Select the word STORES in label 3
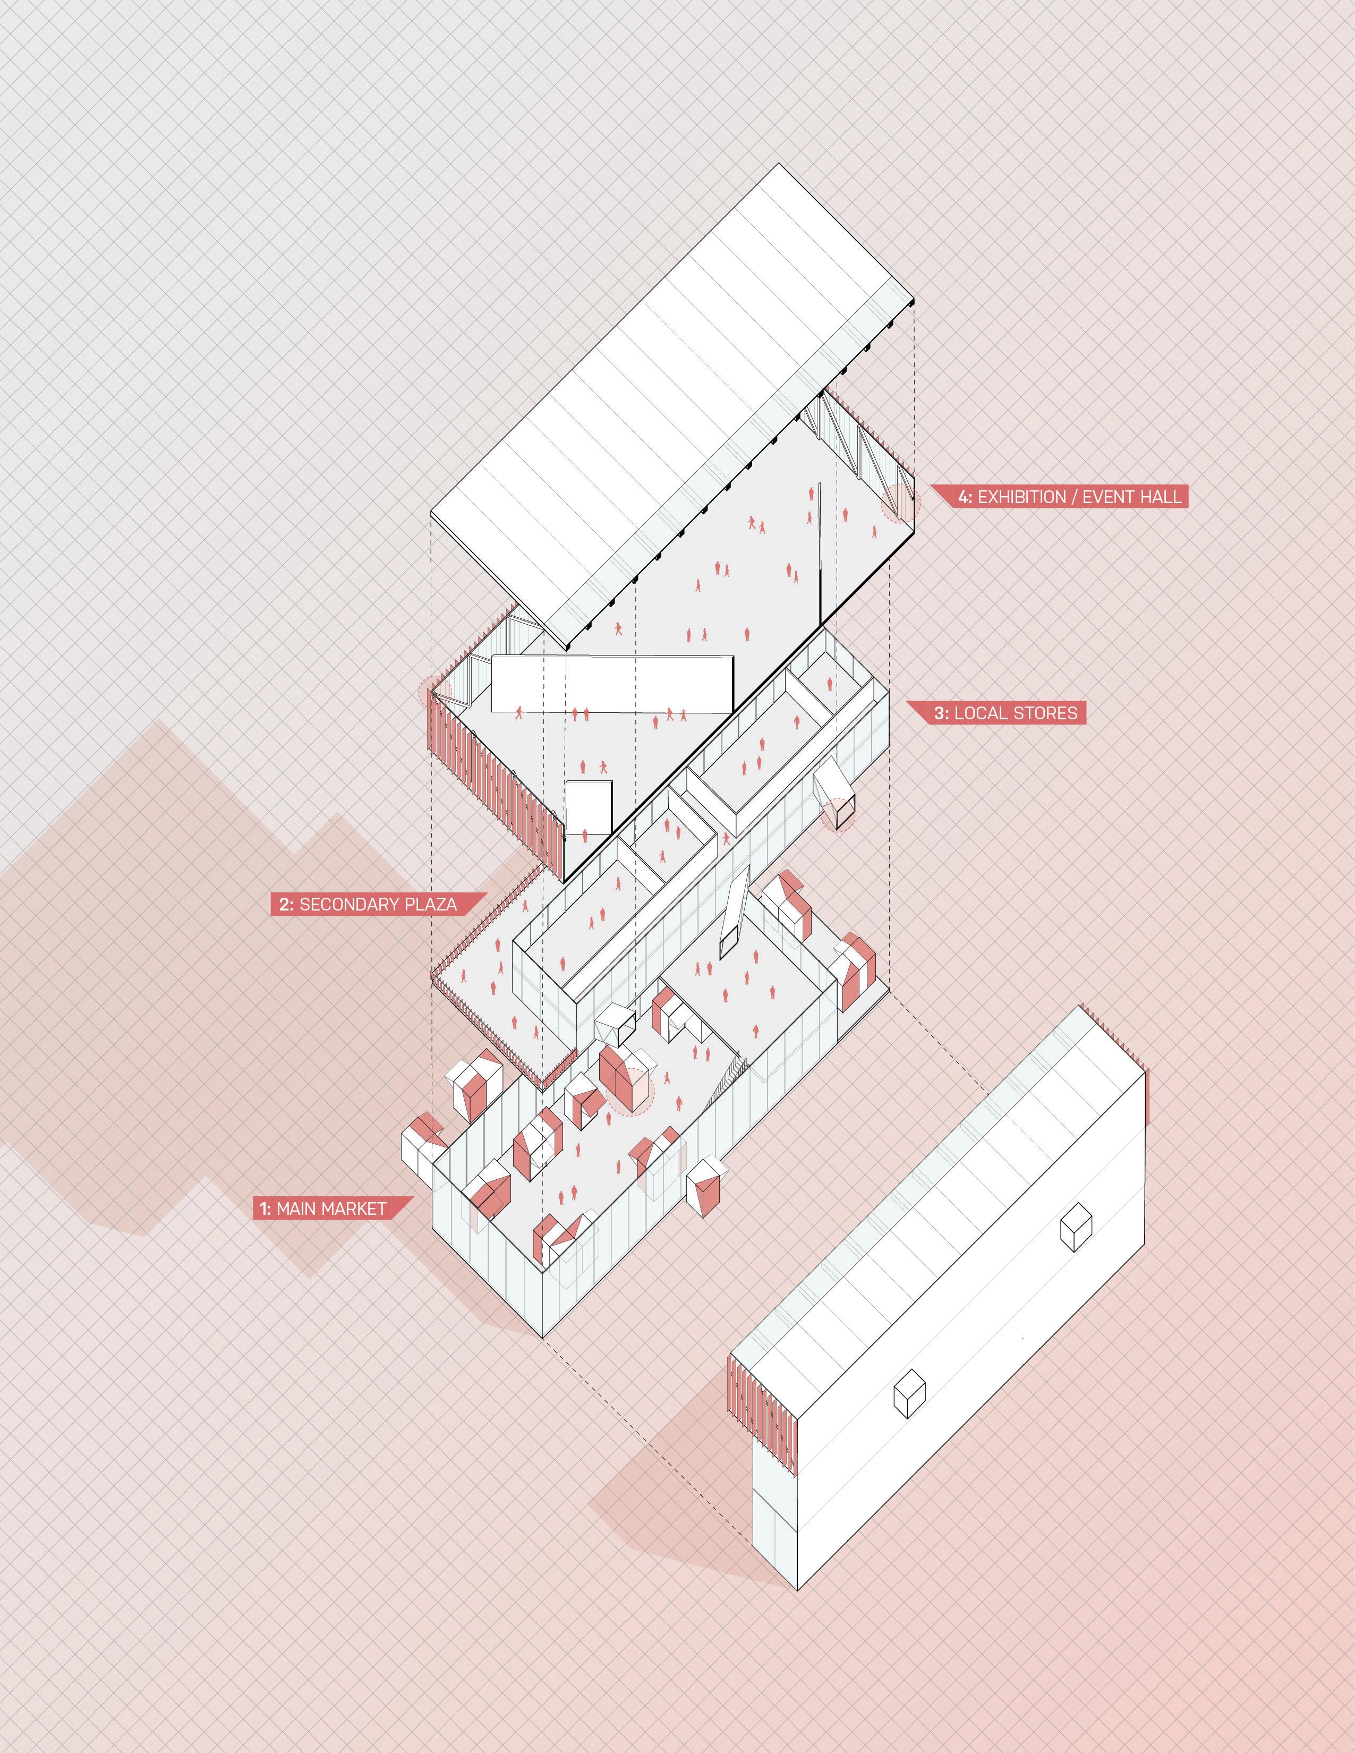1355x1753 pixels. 1043,713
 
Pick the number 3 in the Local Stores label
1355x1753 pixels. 941,713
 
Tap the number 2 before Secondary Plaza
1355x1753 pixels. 286,905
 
